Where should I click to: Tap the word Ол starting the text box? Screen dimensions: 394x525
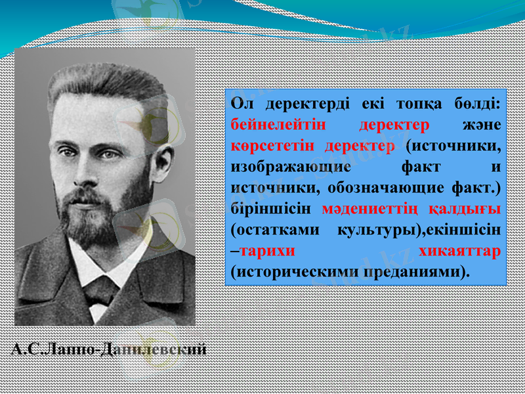[x=241, y=105]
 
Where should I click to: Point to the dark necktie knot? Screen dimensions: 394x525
[x=102, y=289]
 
